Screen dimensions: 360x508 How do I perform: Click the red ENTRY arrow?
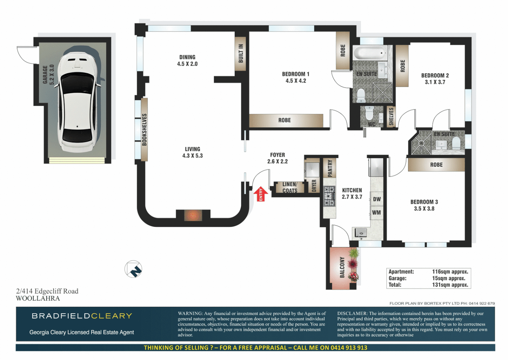261,194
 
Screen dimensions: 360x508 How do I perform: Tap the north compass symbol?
133,269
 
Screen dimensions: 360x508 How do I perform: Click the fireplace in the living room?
193,216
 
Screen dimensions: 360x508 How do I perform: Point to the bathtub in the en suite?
369,53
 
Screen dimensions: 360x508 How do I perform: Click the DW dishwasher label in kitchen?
377,199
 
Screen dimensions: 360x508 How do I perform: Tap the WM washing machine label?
376,212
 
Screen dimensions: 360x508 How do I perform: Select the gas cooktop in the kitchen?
329,196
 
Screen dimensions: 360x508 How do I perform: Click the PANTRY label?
330,168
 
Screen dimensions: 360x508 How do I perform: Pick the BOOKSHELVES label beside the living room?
144,130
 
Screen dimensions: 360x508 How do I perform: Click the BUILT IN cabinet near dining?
241,53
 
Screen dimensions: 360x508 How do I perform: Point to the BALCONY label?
342,267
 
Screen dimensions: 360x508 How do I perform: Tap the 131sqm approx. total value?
450,285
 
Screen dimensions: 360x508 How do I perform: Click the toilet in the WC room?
369,113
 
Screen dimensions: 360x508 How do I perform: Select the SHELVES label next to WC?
391,116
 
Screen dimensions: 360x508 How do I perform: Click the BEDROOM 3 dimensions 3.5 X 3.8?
424,209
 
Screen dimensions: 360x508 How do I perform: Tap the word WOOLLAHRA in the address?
38,299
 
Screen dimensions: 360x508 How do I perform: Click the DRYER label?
314,186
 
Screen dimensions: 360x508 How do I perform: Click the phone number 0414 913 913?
348,348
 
